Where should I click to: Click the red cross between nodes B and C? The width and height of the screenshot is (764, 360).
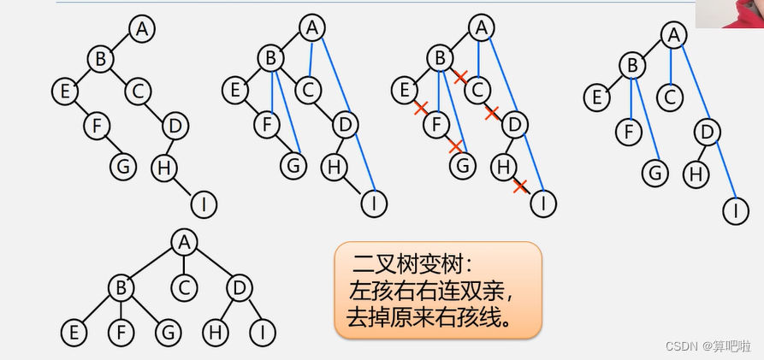pos(460,77)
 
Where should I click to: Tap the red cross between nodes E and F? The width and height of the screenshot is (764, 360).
pos(420,109)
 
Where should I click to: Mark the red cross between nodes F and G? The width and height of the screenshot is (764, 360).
pos(455,146)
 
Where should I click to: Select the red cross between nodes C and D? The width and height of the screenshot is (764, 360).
pos(492,112)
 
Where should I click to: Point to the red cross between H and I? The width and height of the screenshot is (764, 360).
pos(519,186)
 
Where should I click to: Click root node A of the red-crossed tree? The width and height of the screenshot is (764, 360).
pos(481,28)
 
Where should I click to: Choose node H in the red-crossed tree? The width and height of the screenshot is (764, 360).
pos(505,166)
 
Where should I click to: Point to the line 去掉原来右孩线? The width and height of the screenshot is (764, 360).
pos(430,317)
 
